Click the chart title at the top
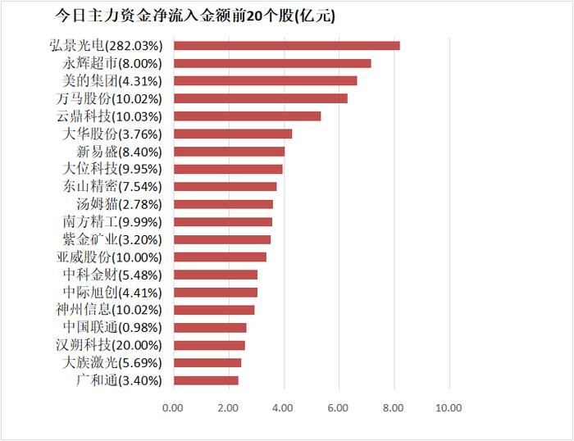194,16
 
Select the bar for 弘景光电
286,46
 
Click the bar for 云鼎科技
247,116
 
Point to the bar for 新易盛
229,151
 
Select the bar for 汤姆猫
223,204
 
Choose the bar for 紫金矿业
221,239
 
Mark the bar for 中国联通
210,328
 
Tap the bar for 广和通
206,380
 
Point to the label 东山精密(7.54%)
112,186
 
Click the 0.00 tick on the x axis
173,407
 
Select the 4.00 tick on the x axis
283,407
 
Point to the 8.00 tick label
394,407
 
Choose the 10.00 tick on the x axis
449,407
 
